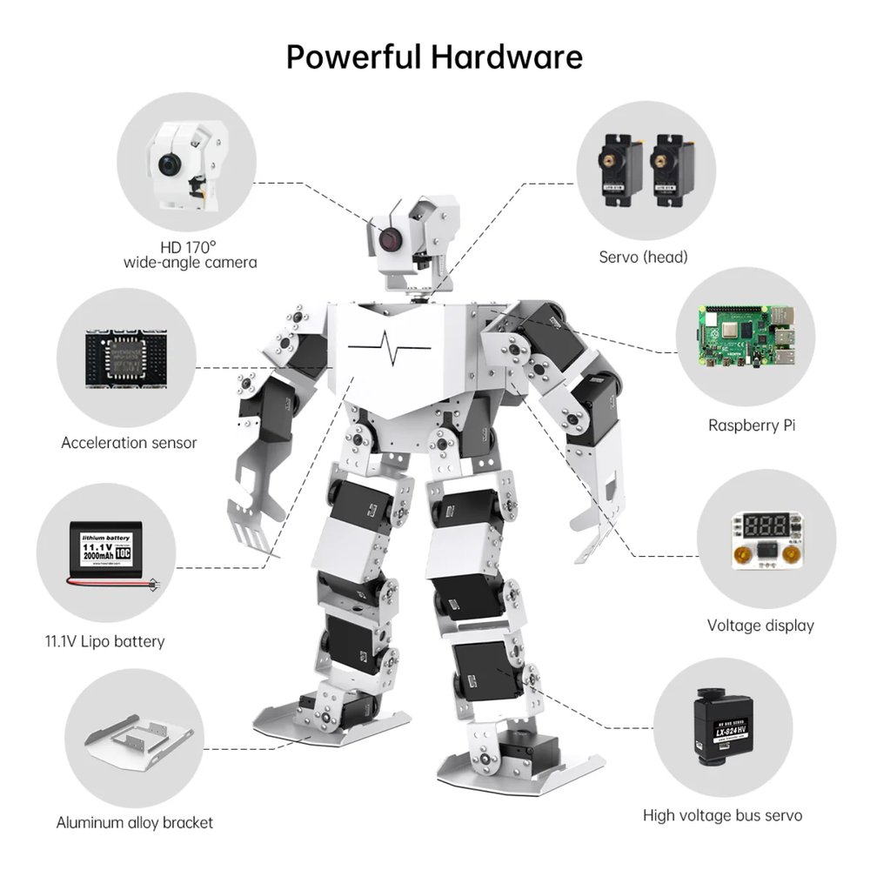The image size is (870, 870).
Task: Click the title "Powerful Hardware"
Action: click(x=434, y=57)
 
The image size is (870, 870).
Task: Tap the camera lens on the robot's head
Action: click(x=388, y=237)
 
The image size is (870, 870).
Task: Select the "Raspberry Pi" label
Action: click(x=751, y=425)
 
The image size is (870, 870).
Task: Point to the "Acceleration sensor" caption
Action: click(x=129, y=443)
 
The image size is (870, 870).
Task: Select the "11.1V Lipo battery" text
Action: click(x=104, y=642)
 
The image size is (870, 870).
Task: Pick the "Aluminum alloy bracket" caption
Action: click(x=135, y=822)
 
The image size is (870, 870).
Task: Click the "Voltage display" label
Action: click(x=760, y=625)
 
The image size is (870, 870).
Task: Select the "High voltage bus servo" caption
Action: click(x=722, y=815)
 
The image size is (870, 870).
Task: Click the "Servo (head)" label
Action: click(x=643, y=257)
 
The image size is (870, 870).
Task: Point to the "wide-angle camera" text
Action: click(x=191, y=262)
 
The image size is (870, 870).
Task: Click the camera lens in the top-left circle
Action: click(x=168, y=163)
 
